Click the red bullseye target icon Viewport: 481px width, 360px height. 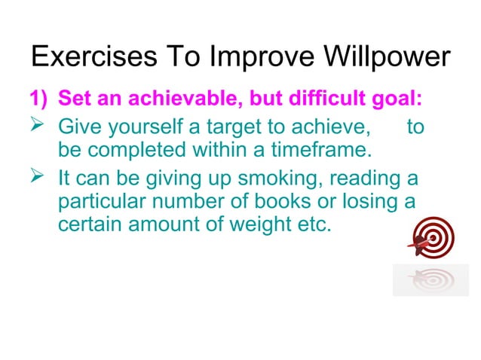(x=432, y=239)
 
